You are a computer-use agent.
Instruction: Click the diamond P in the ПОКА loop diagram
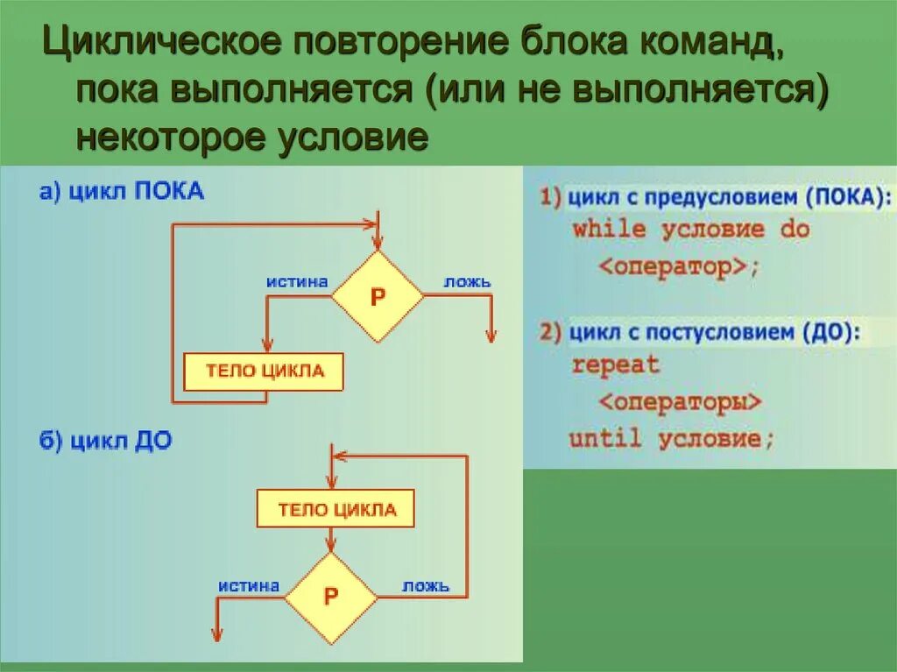point(378,296)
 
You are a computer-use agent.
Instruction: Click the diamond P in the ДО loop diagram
point(331,597)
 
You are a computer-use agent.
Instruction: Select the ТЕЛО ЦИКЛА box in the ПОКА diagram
point(264,371)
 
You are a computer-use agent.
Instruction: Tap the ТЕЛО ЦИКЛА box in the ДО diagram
point(335,509)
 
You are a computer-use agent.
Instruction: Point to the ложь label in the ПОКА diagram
point(467,282)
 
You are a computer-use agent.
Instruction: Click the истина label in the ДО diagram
point(249,585)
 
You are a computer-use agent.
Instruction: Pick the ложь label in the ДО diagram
point(426,585)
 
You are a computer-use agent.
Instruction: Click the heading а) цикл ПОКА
point(122,192)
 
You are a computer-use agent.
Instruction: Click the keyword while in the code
point(609,230)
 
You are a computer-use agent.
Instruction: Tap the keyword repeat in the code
point(615,365)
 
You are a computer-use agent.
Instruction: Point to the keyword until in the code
point(604,437)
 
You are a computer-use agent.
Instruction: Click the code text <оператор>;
point(675,266)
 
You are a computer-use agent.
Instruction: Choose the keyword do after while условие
point(794,230)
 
